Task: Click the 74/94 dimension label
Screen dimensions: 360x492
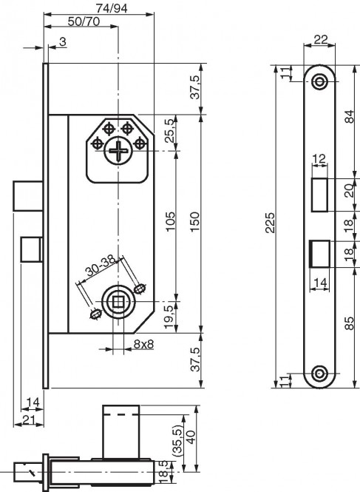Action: point(112,8)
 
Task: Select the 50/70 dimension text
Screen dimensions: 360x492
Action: point(84,21)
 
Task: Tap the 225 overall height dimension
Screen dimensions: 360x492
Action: point(270,223)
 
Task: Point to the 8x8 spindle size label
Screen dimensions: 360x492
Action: point(143,344)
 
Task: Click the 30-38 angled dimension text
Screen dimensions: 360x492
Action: point(101,266)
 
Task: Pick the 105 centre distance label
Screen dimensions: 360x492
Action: point(170,221)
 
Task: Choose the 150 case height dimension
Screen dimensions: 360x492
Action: point(194,222)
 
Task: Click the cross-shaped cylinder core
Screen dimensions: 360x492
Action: point(118,152)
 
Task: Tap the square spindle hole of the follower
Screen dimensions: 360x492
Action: point(118,302)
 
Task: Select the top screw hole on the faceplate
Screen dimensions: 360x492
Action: point(319,81)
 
